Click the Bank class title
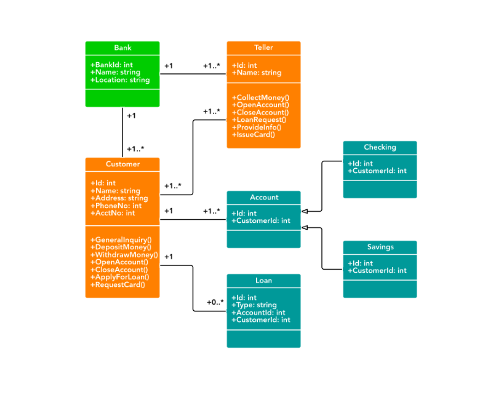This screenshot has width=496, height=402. [x=122, y=48]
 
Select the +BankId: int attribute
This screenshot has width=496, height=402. [x=111, y=65]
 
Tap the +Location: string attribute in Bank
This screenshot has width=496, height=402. [x=120, y=80]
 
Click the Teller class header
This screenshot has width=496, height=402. [x=263, y=48]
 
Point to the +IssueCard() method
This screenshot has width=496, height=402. [x=253, y=134]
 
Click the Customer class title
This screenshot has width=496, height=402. [x=122, y=164]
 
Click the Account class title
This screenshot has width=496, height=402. [x=264, y=198]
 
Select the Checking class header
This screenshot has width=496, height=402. [x=380, y=148]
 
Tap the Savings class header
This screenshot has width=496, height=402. [x=380, y=247]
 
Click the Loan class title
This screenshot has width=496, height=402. [x=263, y=281]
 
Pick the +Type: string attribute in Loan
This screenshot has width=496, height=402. [x=254, y=305]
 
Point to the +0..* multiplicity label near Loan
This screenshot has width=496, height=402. [x=215, y=302]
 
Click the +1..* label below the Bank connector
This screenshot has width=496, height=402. [x=135, y=149]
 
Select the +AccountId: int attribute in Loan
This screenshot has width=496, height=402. [x=258, y=313]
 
